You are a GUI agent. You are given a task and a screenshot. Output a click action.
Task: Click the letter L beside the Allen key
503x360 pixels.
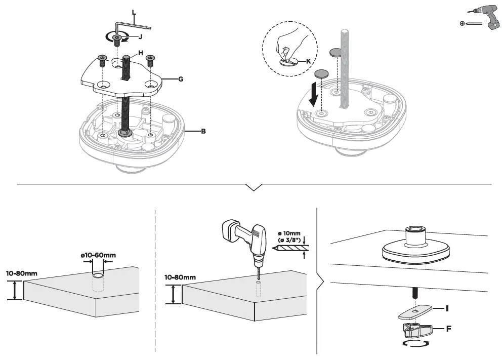[134, 12]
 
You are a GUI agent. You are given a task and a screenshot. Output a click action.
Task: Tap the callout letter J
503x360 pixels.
[140, 36]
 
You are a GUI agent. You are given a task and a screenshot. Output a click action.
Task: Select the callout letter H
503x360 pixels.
[141, 53]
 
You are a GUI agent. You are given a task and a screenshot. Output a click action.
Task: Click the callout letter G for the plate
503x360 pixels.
[180, 79]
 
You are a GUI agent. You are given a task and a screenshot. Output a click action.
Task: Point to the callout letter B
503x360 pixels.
[203, 132]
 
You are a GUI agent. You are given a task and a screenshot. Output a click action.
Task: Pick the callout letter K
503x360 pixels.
[308, 61]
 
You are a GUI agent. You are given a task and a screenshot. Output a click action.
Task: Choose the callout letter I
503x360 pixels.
[447, 308]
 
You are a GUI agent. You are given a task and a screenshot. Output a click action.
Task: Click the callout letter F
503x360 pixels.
[448, 329]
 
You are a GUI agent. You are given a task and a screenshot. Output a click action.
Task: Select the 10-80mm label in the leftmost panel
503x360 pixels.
[21, 273]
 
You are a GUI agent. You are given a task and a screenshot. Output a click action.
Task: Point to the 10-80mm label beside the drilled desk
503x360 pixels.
[180, 277]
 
